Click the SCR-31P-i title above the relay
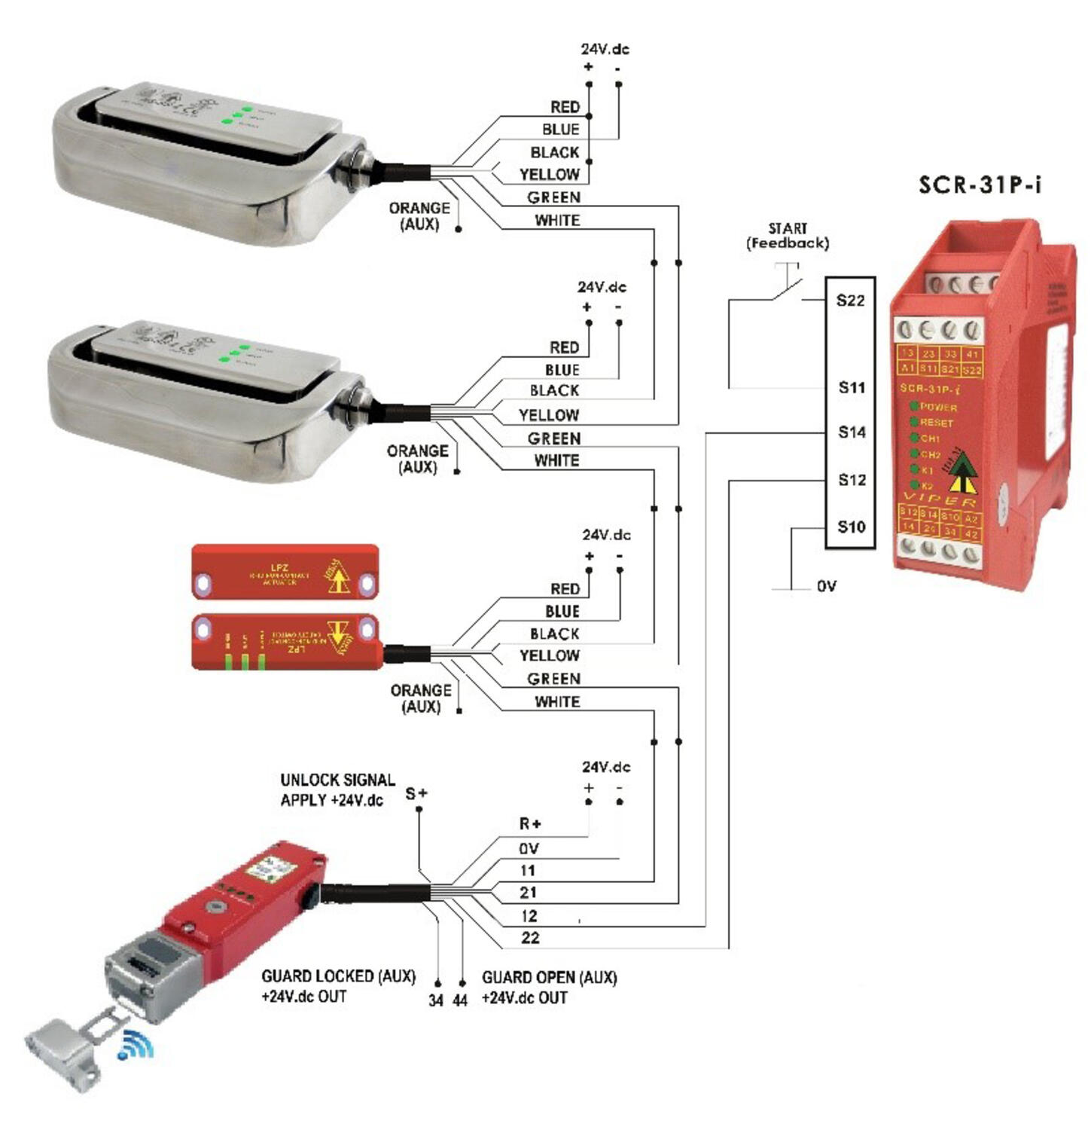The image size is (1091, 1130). tap(980, 185)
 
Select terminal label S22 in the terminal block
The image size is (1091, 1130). tap(850, 301)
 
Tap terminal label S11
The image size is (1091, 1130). tap(852, 387)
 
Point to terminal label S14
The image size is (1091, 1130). tap(852, 432)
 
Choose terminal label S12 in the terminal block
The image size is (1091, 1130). tap(852, 480)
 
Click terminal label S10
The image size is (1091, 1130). tap(852, 527)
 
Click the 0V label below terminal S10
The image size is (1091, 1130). tap(826, 586)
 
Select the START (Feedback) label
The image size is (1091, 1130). tap(787, 236)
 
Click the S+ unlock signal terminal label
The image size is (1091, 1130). tap(416, 793)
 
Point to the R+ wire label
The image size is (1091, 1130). tap(530, 823)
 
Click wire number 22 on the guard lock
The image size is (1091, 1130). tap(530, 938)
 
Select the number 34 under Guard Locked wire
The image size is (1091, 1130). tap(436, 1000)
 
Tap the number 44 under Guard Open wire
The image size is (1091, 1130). tap(460, 1000)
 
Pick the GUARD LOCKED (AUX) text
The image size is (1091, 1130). tap(338, 976)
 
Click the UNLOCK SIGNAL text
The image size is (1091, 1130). tap(337, 780)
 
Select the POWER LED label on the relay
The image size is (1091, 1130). tap(937, 407)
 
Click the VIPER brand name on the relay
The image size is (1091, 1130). tap(939, 499)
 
